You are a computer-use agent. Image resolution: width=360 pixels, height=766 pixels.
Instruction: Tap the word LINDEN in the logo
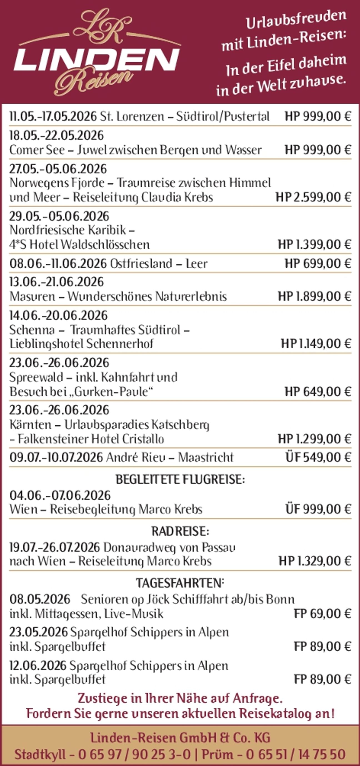[x=97, y=61]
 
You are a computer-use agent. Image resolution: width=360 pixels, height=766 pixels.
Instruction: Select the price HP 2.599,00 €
[x=313, y=197]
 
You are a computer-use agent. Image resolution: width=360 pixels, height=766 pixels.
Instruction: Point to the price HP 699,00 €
[x=318, y=263]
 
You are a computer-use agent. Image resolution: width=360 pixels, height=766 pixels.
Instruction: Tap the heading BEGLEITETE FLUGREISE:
[x=180, y=480]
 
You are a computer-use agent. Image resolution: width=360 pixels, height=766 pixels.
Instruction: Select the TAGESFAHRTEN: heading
[x=180, y=583]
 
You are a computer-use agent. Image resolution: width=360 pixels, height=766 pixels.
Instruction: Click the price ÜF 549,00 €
[x=318, y=457]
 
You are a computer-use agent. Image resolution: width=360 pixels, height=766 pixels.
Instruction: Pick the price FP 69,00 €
[x=322, y=613]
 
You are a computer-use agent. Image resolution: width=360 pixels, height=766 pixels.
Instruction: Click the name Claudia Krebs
[x=177, y=197]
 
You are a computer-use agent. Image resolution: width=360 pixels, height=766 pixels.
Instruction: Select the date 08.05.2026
[x=40, y=599]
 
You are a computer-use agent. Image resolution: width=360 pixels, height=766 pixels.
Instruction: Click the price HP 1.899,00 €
[x=314, y=296]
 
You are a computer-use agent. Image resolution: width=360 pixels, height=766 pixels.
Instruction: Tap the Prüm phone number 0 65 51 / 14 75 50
[x=296, y=754]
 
